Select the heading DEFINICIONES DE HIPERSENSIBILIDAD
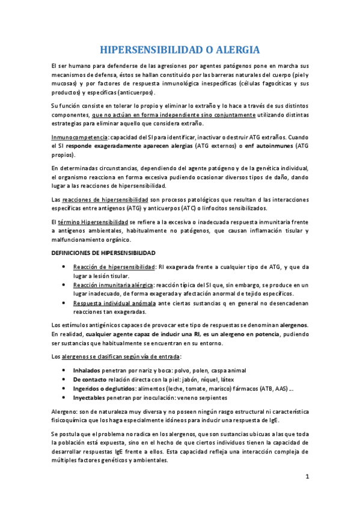click(x=103, y=253)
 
